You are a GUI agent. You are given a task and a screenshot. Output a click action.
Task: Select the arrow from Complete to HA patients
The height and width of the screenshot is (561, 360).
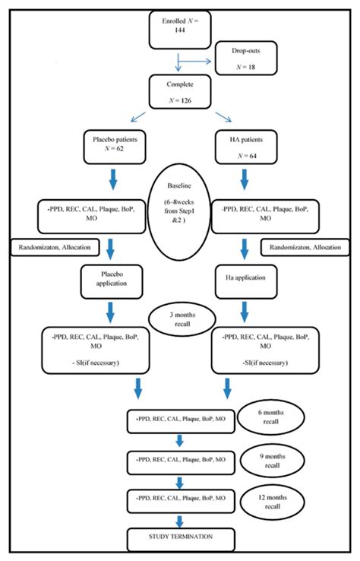(222, 116)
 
